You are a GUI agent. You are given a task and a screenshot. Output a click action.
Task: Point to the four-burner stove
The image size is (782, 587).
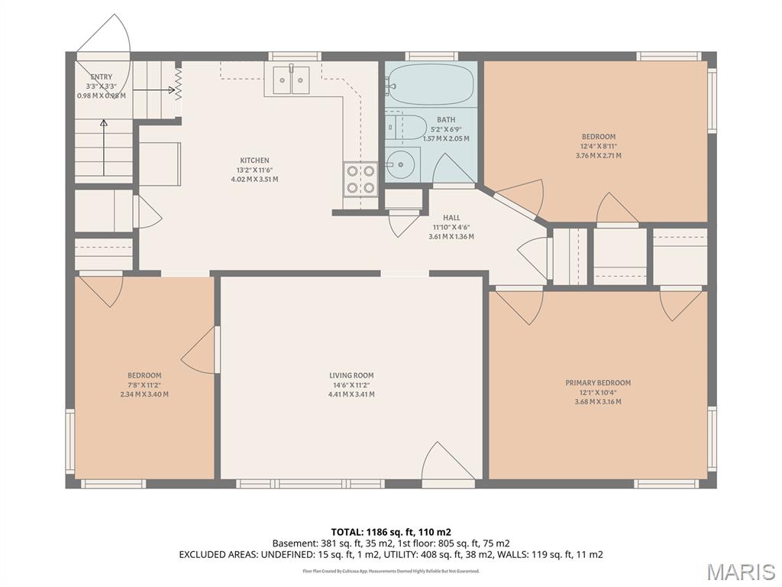pos(360,179)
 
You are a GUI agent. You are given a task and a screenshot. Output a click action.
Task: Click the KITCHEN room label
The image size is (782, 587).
pos(254,161)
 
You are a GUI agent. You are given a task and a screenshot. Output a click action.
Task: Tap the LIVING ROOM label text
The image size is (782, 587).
pos(351,375)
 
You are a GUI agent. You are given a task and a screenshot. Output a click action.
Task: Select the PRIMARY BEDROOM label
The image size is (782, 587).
pos(598,383)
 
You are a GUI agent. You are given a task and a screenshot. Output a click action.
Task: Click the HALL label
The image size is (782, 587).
pos(451,218)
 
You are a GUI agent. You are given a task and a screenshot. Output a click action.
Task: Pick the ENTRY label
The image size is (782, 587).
pos(102,76)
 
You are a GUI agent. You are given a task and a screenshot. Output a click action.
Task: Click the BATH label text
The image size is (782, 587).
pos(446,120)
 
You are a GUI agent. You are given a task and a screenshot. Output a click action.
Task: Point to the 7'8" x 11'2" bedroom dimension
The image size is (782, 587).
pos(144,385)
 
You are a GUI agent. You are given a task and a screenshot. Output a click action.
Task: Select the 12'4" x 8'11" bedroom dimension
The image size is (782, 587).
pos(598,146)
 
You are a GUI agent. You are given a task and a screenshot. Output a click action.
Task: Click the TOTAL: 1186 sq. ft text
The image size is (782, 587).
pos(390,531)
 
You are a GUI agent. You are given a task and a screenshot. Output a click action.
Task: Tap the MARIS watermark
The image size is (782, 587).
pos(740,572)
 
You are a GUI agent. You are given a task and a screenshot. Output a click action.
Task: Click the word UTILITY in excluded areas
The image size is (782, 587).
pos(422,554)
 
